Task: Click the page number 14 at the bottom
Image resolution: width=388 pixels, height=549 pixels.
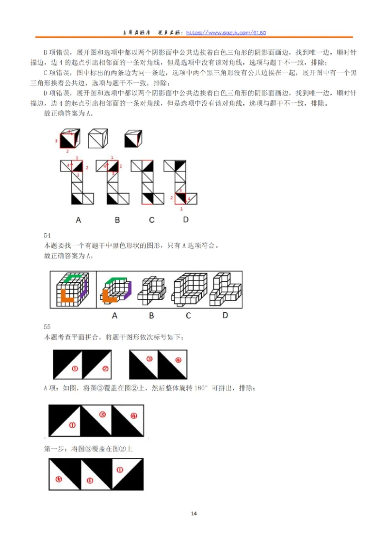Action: point(194,514)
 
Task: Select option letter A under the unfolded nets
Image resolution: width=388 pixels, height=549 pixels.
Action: point(78,220)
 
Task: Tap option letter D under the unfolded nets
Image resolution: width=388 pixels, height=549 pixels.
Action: point(186,220)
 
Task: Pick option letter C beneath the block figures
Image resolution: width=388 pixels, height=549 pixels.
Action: point(188,316)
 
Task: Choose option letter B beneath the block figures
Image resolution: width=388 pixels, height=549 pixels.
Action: point(151,316)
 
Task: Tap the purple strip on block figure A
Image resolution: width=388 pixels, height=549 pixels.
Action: point(128,290)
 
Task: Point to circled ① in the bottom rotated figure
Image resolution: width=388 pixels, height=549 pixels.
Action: point(119,469)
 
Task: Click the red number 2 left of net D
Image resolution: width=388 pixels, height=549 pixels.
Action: point(172,198)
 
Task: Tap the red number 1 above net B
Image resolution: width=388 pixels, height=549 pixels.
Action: point(112,158)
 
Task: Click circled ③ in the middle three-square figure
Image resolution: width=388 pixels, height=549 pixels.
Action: point(102,415)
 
